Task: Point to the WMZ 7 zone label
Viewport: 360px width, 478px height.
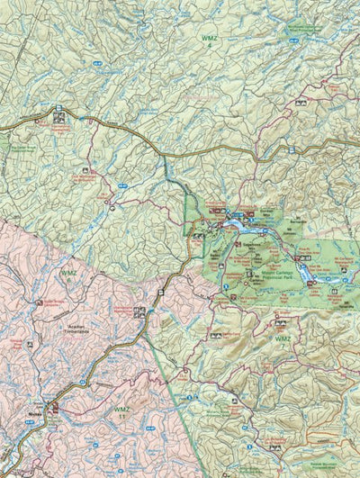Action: point(283,339)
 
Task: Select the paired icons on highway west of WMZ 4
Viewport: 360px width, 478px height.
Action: point(58,112)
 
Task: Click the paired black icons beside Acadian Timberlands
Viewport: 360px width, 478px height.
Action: point(139,311)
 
